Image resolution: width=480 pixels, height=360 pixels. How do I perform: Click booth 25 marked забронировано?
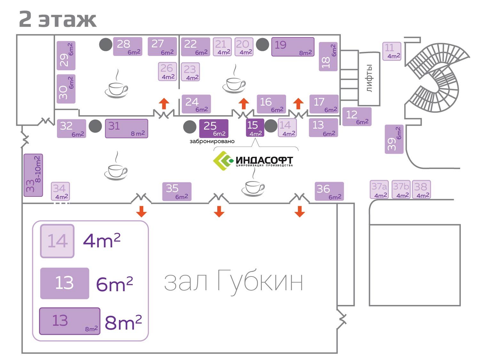tap(213, 128)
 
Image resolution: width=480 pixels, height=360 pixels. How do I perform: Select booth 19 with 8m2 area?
tap(293, 47)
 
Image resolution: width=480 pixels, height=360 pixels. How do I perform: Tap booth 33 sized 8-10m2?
tap(33, 175)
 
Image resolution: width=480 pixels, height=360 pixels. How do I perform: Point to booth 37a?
tap(380, 190)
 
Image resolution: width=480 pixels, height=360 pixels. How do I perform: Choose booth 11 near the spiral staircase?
tap(392, 51)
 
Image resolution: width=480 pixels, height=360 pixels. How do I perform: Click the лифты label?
tap(369, 78)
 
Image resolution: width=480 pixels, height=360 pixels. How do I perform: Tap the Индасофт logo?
tap(253, 161)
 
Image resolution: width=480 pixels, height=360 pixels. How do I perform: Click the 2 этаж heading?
tap(58, 19)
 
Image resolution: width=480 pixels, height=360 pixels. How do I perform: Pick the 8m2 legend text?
tap(123, 323)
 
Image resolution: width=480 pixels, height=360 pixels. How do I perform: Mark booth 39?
tap(394, 139)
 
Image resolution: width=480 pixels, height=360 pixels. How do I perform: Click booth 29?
tap(66, 56)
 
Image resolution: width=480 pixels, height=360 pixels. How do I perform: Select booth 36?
tap(329, 191)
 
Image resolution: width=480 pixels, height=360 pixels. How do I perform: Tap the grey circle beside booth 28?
tap(106, 44)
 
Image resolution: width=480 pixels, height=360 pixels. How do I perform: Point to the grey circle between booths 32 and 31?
tap(95, 126)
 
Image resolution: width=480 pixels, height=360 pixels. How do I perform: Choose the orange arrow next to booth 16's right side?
tap(298, 103)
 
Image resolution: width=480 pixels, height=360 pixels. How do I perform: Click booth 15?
tap(255, 128)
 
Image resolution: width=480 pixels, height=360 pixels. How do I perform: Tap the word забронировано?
tap(212, 141)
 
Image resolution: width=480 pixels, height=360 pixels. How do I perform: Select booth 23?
tap(190, 72)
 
